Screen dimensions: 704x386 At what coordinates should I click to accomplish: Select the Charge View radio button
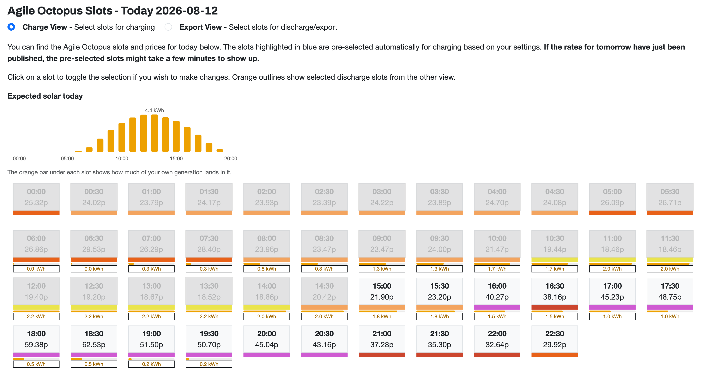point(11,27)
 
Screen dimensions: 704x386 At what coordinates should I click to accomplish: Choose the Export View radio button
point(168,27)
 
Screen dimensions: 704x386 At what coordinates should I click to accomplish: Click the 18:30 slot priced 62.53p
point(94,341)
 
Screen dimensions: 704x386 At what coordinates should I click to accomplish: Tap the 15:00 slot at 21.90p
point(382,293)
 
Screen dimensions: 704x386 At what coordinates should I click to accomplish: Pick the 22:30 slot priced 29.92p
point(555,341)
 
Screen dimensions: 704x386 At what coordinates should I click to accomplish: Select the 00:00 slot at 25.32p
point(36,199)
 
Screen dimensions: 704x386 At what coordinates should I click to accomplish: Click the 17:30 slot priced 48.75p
point(670,293)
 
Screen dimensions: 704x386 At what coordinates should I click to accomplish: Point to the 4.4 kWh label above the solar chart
point(155,110)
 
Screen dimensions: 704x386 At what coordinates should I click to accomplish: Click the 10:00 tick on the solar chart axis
point(122,158)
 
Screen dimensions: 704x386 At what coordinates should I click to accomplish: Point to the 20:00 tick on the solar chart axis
point(231,158)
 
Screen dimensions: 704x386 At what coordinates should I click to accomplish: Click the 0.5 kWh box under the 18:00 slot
point(36,364)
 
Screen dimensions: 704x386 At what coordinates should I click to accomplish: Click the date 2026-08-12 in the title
point(187,11)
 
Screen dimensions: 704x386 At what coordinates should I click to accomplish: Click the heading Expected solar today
point(45,96)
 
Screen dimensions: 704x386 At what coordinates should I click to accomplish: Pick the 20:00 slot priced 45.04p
point(267,341)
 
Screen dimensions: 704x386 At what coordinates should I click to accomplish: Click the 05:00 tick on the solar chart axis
point(67,158)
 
